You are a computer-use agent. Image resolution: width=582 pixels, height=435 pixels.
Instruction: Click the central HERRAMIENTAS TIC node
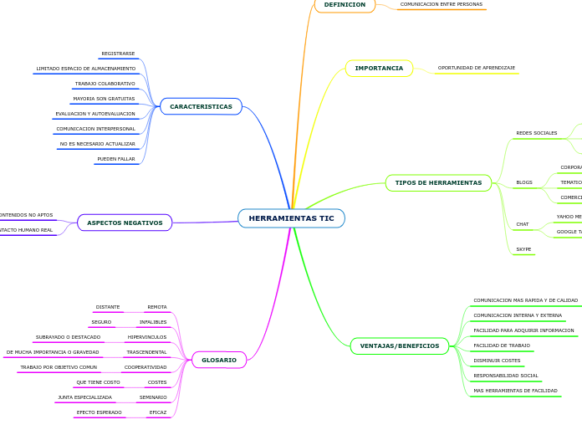point(291,218)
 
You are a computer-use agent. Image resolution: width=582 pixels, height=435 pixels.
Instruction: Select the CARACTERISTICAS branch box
point(201,106)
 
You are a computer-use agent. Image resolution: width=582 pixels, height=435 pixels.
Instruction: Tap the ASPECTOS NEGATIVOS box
point(125,223)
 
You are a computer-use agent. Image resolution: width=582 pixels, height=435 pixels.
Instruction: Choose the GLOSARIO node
point(219,360)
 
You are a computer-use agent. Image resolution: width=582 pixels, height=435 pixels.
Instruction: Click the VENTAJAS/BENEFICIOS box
point(399,345)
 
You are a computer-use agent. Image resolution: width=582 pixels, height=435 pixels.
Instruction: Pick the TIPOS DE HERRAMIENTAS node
point(438,182)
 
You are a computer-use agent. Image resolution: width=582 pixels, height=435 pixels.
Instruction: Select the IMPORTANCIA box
point(379,68)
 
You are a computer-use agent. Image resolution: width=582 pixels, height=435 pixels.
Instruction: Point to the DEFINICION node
point(345,5)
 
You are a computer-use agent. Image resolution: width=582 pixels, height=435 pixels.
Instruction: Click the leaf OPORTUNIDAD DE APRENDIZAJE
point(476,68)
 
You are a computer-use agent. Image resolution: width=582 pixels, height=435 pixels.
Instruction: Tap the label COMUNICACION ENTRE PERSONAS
point(441,4)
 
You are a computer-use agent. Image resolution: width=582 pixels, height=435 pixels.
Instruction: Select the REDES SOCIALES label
point(536,133)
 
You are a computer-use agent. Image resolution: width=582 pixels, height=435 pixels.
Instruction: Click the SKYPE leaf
point(523,249)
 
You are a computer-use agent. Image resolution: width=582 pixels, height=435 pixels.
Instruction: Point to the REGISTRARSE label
point(118,54)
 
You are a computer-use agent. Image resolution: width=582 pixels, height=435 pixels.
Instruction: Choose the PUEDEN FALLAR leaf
point(115,159)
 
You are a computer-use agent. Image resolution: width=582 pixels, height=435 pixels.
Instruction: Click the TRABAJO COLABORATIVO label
point(105,84)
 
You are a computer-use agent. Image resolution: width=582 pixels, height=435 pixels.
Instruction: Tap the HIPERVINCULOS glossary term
point(146,337)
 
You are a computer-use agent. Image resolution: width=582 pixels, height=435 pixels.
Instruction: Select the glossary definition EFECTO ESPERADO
point(99,412)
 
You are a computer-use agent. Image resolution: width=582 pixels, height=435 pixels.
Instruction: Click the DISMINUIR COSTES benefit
point(497,361)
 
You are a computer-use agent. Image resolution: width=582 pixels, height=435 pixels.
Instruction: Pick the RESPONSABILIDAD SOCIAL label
point(505,376)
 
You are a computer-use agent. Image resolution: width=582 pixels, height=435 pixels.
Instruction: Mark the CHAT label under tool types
point(522,224)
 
